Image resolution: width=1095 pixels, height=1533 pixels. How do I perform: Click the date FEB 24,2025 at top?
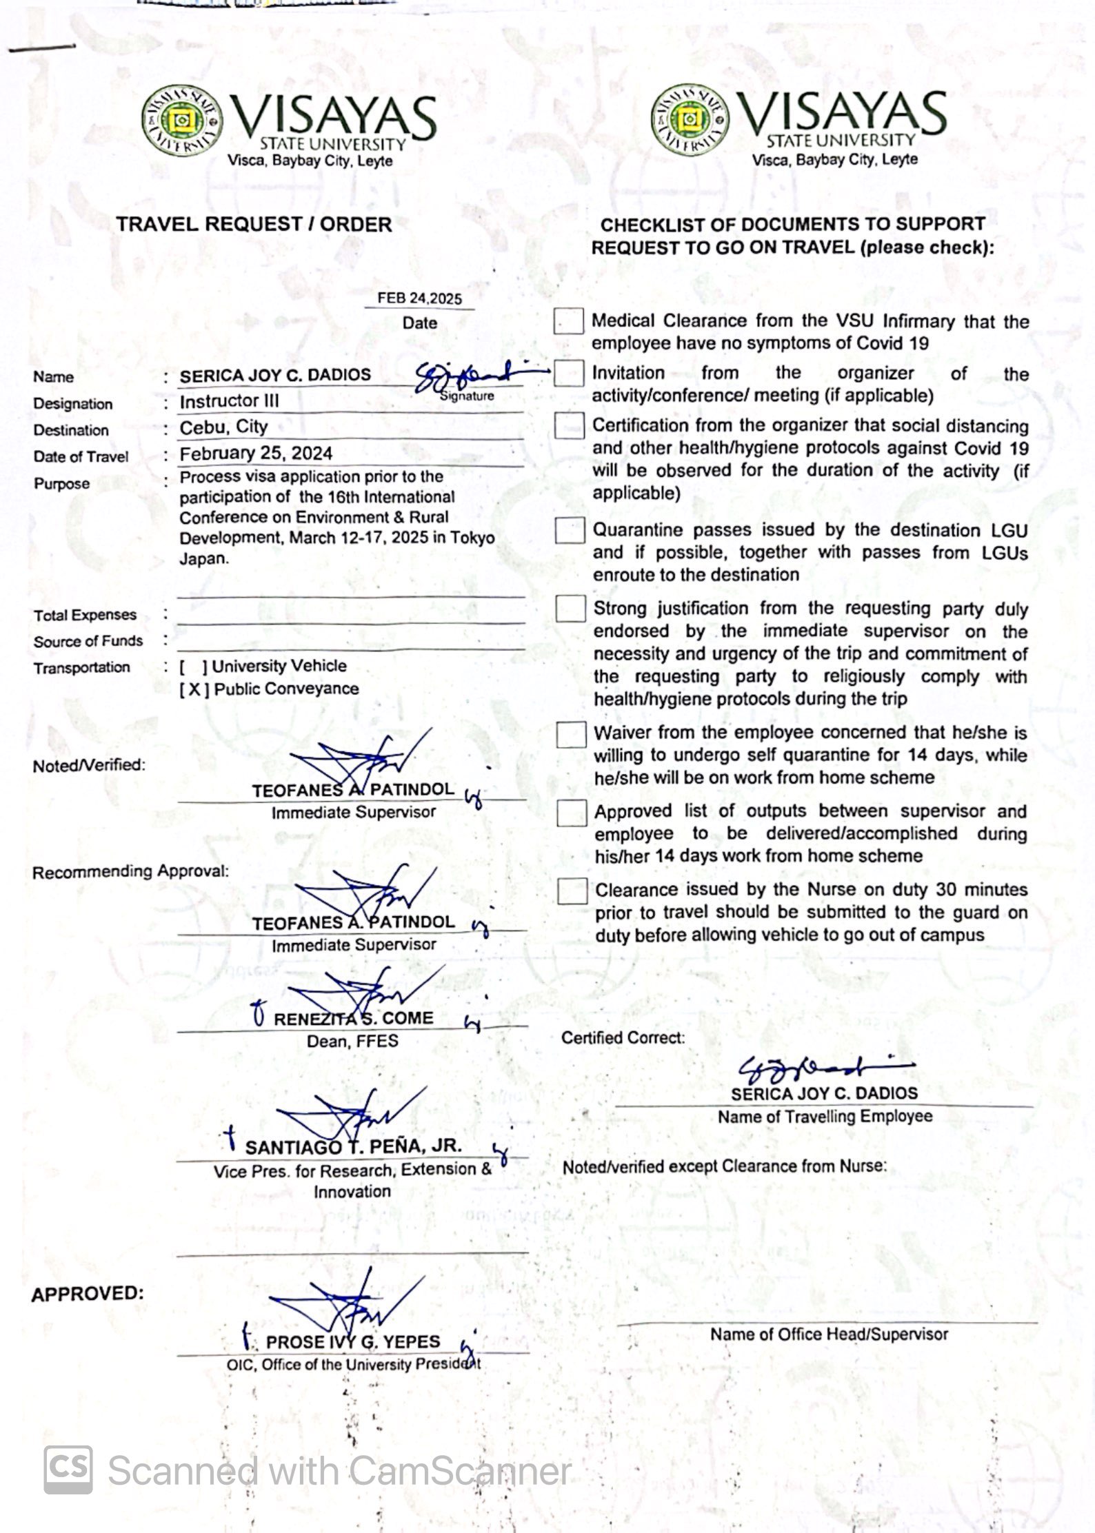tap(419, 298)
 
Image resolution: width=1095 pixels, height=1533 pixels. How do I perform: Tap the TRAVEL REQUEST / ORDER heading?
tap(254, 225)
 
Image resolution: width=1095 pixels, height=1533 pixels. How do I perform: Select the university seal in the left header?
tap(182, 122)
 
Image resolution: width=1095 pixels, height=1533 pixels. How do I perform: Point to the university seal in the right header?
tap(690, 119)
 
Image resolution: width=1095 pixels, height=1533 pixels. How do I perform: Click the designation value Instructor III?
tap(229, 401)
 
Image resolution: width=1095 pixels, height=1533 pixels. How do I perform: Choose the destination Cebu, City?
tap(223, 427)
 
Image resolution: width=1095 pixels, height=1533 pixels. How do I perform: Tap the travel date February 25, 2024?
tap(256, 454)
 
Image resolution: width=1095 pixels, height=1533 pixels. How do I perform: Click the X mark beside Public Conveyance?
tap(194, 689)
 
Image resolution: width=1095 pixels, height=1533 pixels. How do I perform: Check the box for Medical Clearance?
tap(569, 321)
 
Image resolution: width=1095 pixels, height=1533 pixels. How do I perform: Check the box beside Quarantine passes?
tap(570, 530)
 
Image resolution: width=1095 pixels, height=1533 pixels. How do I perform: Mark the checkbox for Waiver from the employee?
tap(571, 734)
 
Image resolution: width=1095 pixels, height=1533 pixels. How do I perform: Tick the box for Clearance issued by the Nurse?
tap(572, 891)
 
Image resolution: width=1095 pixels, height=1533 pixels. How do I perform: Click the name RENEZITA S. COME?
tap(353, 1019)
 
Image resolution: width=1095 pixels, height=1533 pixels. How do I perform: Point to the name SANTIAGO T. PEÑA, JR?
tap(353, 1147)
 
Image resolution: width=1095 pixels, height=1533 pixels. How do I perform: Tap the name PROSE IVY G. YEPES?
tap(352, 1342)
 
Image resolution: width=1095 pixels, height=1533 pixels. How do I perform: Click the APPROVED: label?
tap(88, 1294)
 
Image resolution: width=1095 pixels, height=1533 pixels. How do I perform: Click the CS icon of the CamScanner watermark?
tap(68, 1470)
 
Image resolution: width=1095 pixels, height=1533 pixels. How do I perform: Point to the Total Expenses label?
tap(85, 615)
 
